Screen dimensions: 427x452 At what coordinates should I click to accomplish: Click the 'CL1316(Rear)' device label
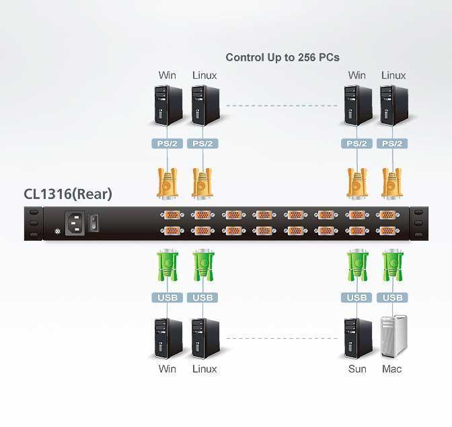pos(68,195)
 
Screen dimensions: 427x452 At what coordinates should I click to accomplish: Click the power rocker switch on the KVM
pos(94,222)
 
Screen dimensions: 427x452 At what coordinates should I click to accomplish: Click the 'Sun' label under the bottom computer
pos(357,368)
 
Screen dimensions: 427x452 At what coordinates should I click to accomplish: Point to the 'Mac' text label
pos(391,368)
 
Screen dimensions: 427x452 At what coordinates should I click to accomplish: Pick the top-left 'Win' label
pos(167,75)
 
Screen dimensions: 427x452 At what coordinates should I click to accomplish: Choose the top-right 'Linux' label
pos(393,75)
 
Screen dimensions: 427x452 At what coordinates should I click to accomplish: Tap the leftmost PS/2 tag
pos(167,143)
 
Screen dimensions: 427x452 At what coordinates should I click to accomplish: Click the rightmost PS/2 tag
pos(391,143)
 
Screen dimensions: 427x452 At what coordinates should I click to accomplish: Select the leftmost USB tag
pos(167,297)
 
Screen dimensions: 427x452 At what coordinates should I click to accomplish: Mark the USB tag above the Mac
pos(391,297)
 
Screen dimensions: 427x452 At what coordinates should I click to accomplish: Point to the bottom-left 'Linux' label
pos(204,368)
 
